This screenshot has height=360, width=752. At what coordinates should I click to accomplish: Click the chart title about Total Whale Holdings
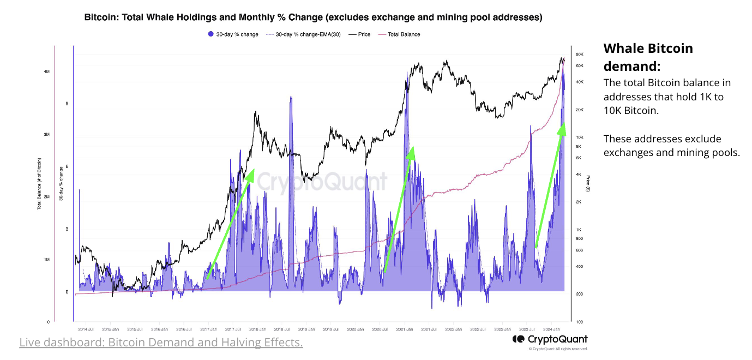[x=313, y=17]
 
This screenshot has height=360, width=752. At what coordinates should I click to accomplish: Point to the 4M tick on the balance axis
[x=47, y=71]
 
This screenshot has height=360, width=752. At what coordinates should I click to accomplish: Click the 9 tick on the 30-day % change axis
[x=67, y=104]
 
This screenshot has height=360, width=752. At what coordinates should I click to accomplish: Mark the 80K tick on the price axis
[x=580, y=55]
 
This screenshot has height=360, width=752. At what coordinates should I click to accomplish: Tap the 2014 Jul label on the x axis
[x=86, y=329]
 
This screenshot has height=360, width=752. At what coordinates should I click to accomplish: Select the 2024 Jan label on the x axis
[x=552, y=329]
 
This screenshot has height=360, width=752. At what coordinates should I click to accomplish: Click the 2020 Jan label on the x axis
[x=355, y=329]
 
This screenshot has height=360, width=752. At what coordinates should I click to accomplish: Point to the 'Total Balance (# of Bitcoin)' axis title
[x=39, y=184]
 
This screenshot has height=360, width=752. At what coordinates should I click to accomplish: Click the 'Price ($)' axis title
[x=588, y=184]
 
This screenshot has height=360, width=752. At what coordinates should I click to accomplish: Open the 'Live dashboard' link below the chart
[x=161, y=343]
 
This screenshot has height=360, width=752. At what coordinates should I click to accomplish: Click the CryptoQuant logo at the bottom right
[x=550, y=339]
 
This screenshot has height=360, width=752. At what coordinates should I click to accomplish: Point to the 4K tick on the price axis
[x=579, y=175]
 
